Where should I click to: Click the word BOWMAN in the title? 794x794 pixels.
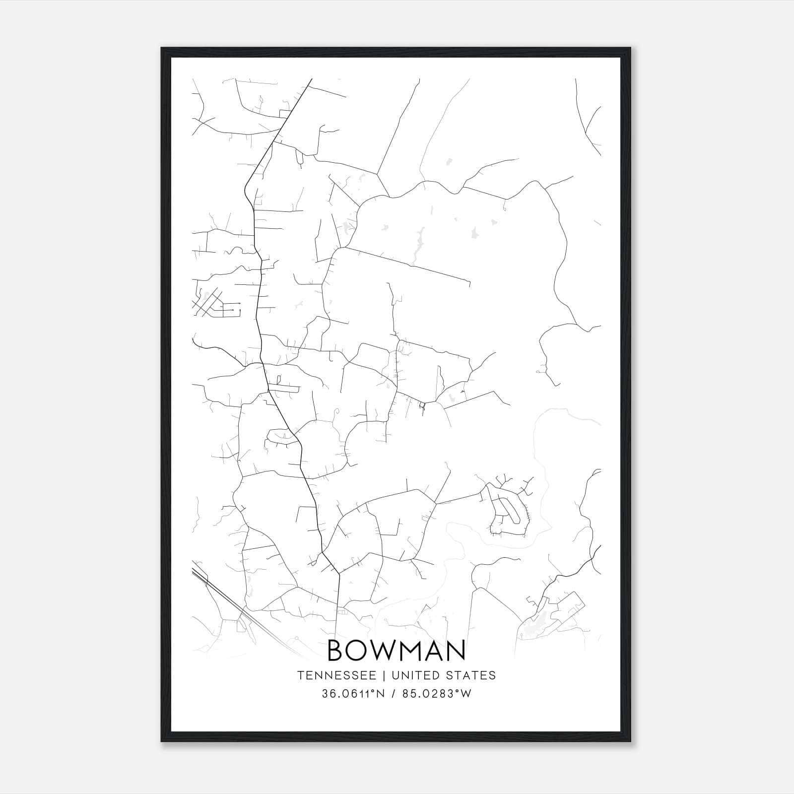[397, 651]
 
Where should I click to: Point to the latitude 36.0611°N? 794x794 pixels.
[353, 694]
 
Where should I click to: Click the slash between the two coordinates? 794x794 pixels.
[394, 694]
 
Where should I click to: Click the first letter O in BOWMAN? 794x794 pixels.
[361, 651]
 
